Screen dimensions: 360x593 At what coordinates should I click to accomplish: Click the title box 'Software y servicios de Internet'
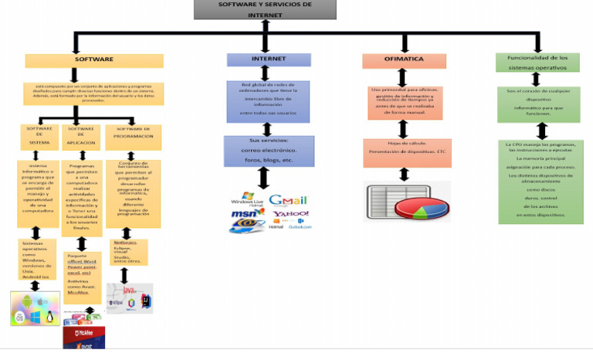[264, 9]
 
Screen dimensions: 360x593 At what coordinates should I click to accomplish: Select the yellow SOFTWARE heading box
[93, 60]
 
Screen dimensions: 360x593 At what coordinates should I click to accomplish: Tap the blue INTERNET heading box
[268, 59]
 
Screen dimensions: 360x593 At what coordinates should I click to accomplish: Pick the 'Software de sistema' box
[39, 137]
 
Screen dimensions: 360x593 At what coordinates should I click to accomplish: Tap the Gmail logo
[287, 200]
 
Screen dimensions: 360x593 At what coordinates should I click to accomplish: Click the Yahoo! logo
[290, 214]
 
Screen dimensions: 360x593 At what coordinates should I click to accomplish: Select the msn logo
[246, 213]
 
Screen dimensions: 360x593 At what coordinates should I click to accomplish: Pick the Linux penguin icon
[50, 316]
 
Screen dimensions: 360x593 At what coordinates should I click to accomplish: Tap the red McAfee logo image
[83, 337]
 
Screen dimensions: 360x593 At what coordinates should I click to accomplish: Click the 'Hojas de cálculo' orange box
[403, 148]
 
